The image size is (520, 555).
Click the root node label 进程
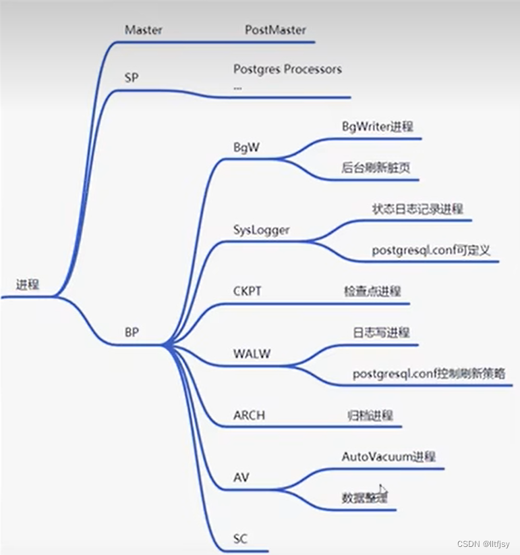[x=28, y=284]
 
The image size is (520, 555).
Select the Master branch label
[x=144, y=30]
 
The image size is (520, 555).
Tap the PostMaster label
[x=275, y=30]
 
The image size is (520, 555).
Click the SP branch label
[x=132, y=78]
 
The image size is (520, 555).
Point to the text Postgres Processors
[x=287, y=69]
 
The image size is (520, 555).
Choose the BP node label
[x=133, y=332]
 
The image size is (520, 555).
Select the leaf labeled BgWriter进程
[x=378, y=126]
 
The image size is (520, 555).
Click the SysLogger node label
[x=261, y=230]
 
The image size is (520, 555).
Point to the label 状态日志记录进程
[x=417, y=209]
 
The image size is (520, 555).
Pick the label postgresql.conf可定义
[x=431, y=250]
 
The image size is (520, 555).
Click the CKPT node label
[x=247, y=291]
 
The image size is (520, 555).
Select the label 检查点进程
[x=372, y=291]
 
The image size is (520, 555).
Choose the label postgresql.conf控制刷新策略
[x=429, y=373]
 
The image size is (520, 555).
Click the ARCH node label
[x=249, y=415]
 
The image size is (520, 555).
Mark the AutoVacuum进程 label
[x=388, y=456]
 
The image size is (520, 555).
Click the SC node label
[x=241, y=538]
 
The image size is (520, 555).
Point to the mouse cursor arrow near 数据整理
[x=383, y=490]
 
